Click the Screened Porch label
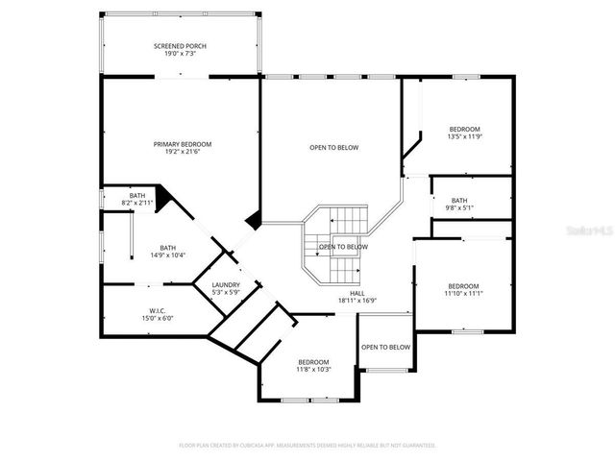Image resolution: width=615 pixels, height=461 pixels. click(x=180, y=46)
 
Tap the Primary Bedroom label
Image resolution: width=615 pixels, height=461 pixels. click(x=183, y=144)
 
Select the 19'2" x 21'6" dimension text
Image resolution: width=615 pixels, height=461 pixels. click(x=183, y=152)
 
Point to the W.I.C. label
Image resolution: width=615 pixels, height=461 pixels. click(x=158, y=310)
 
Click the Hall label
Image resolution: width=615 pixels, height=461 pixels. click(x=357, y=293)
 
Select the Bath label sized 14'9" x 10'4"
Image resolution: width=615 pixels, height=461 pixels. click(x=167, y=247)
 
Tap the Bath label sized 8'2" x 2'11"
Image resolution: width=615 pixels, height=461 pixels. click(x=137, y=196)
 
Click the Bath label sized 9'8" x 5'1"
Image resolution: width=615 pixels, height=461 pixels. click(x=458, y=200)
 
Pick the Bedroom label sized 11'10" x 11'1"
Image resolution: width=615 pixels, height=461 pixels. click(x=463, y=285)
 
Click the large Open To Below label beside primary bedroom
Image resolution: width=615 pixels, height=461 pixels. click(x=333, y=147)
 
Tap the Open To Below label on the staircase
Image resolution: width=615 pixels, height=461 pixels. click(x=343, y=247)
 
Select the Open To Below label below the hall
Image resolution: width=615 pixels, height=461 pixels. click(x=385, y=347)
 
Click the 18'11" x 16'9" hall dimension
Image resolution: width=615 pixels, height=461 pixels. click(x=357, y=301)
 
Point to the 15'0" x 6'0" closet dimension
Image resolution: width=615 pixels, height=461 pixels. click(x=158, y=318)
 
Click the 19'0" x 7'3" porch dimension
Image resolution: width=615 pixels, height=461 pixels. click(x=180, y=54)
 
